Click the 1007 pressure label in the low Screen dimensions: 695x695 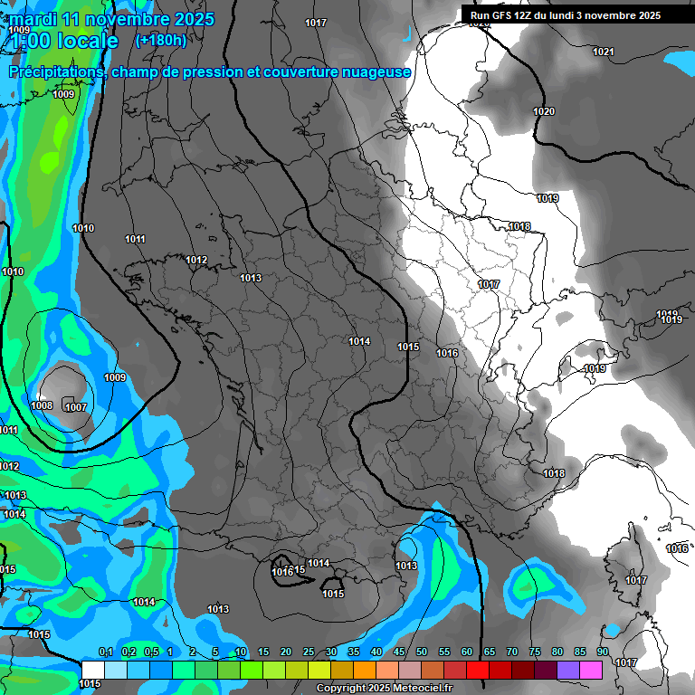[x=76, y=407]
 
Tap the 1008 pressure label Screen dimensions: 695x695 [x=42, y=405]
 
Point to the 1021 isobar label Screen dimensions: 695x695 [x=603, y=52]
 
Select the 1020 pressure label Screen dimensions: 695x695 [x=544, y=111]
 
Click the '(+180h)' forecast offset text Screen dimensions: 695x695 [x=160, y=41]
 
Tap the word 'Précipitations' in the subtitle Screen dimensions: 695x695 [x=55, y=71]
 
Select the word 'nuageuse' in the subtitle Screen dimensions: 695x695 [x=376, y=71]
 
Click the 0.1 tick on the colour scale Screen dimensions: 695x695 [x=105, y=652]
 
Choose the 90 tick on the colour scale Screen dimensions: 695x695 [x=602, y=652]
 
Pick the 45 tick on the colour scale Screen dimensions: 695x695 [x=399, y=652]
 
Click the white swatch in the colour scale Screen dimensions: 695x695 [x=92, y=670]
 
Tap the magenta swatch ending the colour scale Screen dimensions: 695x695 [x=591, y=670]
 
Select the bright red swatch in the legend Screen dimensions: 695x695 [x=478, y=670]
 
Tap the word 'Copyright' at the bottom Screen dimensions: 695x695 [x=339, y=689]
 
